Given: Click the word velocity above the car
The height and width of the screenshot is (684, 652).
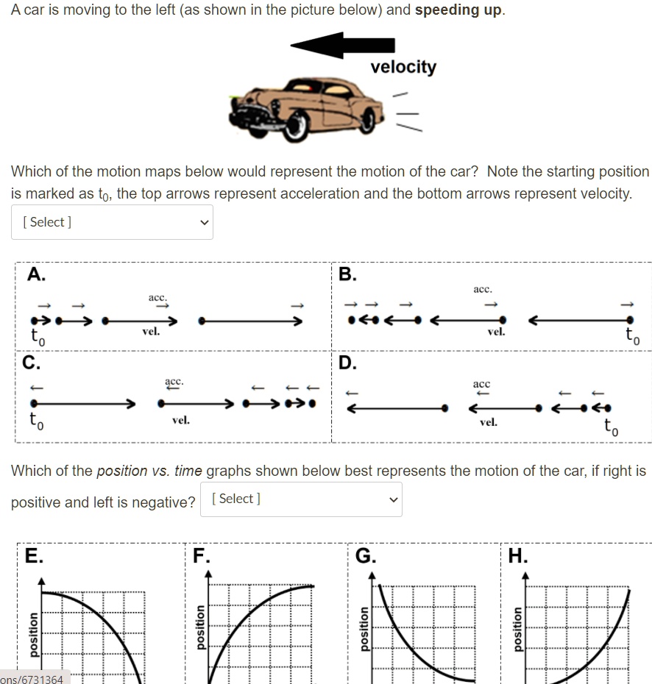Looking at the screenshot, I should (x=403, y=68).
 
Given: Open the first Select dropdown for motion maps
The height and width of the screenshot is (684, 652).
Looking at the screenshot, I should (x=112, y=222).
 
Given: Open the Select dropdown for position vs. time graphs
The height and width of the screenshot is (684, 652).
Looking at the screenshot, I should (x=301, y=499).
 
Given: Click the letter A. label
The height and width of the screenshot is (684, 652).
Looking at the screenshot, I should (x=36, y=275).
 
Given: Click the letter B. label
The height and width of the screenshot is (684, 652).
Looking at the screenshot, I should (x=347, y=275).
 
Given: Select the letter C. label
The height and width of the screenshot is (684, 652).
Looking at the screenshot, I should (x=32, y=363).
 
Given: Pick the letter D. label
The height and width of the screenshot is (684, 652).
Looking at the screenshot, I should (x=347, y=363).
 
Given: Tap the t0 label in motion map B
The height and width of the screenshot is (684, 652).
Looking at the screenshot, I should (x=630, y=337).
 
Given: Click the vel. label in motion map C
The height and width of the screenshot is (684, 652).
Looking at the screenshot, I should (x=180, y=420).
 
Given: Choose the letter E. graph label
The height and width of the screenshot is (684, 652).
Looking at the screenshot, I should (x=32, y=555).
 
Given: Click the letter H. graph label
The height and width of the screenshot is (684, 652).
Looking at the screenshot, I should (x=517, y=555).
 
